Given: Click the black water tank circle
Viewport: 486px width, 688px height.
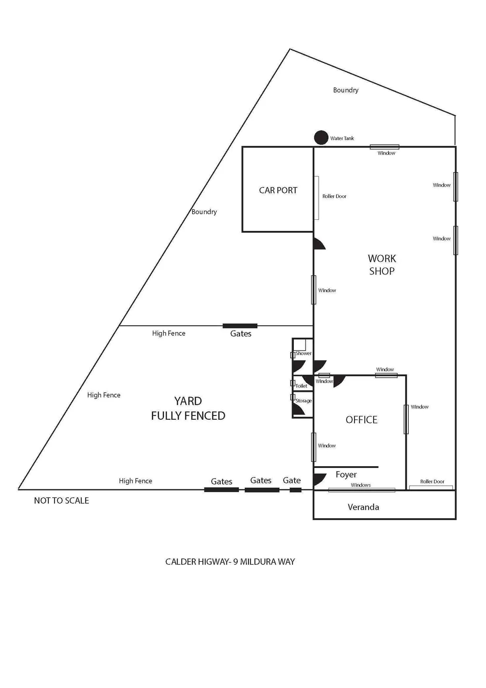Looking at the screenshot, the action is tap(321, 137).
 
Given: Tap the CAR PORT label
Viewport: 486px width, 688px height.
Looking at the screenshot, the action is tap(278, 190).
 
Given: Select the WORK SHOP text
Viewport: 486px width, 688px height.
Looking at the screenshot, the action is tap(382, 265).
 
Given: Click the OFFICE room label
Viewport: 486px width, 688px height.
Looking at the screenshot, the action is tap(362, 420).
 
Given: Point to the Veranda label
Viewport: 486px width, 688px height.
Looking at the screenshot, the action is tap(363, 507).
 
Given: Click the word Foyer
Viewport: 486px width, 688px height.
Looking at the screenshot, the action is tap(346, 475).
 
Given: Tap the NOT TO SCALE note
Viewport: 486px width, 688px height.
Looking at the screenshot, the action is tap(61, 501).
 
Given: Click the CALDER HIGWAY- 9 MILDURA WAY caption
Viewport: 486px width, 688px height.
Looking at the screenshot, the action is tap(230, 562).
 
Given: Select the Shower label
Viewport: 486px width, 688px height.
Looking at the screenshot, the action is tap(303, 353).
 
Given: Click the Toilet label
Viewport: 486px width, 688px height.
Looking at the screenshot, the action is tap(301, 386).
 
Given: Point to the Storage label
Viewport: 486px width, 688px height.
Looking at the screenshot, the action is tap(303, 401).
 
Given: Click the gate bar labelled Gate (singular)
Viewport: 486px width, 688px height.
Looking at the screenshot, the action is tap(295, 490).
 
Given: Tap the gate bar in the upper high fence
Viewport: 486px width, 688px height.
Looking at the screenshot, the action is tap(240, 326).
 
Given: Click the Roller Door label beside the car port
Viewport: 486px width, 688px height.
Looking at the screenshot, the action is tap(334, 196).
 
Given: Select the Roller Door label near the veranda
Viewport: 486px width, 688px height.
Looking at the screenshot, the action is tap(432, 481).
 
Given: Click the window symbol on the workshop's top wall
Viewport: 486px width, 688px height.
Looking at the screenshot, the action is tap(384, 147).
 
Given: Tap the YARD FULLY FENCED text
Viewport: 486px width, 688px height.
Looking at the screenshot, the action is tap(188, 408).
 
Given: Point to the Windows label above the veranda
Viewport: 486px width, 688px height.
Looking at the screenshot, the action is tap(361, 485).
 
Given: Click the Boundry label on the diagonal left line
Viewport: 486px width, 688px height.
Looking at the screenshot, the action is tap(204, 212).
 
